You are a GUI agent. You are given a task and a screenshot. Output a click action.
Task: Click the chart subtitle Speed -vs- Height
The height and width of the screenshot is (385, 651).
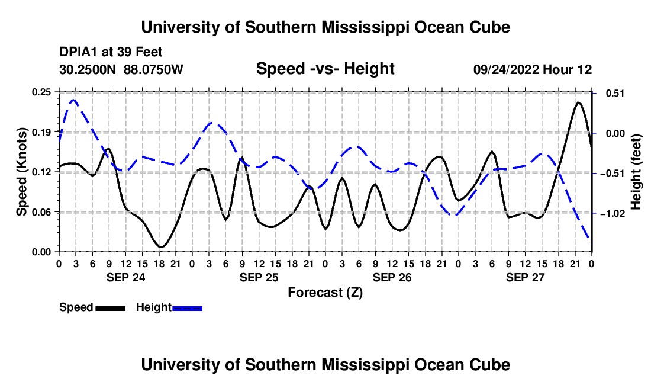tap(325, 69)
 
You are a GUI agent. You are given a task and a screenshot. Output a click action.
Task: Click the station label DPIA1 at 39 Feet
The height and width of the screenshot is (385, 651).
tap(111, 52)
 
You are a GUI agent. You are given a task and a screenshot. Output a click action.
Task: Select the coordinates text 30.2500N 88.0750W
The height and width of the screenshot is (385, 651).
tap(121, 69)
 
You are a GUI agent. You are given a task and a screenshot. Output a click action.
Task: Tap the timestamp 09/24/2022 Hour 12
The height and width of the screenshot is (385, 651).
tap(533, 69)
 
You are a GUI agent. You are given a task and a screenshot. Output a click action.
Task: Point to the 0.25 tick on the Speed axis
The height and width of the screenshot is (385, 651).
tap(41, 92)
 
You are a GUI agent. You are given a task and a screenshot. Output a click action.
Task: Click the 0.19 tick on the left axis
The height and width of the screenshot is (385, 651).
tap(41, 133)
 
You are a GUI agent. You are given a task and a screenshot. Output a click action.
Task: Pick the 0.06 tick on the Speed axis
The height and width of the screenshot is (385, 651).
tap(41, 212)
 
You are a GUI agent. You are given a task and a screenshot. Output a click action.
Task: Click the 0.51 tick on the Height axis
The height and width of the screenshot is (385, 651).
tap(615, 93)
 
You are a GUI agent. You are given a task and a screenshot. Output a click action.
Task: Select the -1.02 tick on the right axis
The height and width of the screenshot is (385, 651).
tap(613, 213)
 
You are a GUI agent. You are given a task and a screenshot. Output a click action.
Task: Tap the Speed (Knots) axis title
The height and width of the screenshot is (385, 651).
tap(21, 172)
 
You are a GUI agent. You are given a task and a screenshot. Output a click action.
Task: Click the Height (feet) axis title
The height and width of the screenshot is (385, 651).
tap(636, 172)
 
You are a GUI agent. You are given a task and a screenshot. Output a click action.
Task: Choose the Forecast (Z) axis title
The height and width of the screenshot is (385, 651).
tap(325, 293)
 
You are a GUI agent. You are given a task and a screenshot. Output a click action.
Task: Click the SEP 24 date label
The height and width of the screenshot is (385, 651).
tap(126, 277)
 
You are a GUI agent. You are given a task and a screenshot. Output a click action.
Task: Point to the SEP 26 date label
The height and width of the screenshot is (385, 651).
tap(392, 277)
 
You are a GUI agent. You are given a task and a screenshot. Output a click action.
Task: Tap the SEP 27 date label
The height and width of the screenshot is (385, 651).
tap(525, 277)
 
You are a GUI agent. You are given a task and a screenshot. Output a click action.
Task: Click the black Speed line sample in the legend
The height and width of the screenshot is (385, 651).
tap(111, 308)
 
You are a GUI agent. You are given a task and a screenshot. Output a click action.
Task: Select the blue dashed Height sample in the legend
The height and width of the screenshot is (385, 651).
tap(187, 308)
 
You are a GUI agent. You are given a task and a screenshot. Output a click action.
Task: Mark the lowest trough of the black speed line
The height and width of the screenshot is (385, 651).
tap(160, 247)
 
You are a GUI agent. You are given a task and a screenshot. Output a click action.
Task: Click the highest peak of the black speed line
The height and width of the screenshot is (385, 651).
tap(578, 102)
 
